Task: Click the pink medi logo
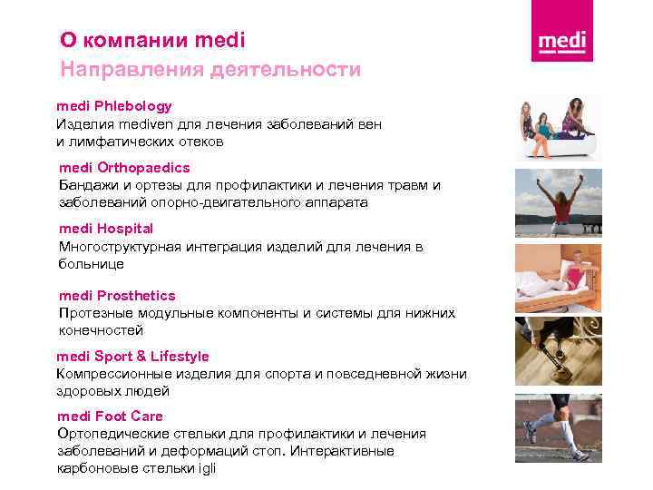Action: tap(562, 42)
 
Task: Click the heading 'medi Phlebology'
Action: tap(114, 106)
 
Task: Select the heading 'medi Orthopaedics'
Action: tap(124, 168)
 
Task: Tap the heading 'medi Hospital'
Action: tap(106, 229)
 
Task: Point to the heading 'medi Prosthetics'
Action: tap(117, 296)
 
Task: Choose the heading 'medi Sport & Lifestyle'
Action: tap(132, 357)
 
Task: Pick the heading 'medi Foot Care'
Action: tap(110, 416)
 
